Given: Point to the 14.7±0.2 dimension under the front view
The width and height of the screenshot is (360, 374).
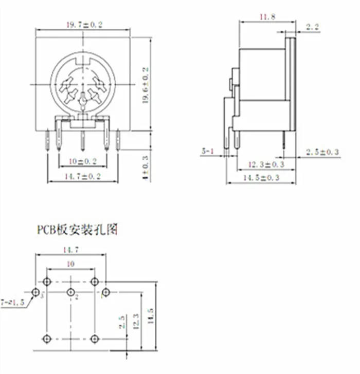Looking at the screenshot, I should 82,176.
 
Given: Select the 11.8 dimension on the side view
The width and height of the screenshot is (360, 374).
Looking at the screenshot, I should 267,17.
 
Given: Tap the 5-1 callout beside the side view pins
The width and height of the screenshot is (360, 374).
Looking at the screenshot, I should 208,151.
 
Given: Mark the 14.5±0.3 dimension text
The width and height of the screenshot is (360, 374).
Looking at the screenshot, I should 263,178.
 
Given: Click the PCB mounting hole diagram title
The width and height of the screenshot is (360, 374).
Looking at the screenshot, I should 77,229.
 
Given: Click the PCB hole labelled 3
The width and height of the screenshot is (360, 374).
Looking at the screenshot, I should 35,292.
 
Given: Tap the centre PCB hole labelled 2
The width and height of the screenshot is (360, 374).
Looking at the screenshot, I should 70,292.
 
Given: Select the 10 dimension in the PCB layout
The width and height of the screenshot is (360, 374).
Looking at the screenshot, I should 70,263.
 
